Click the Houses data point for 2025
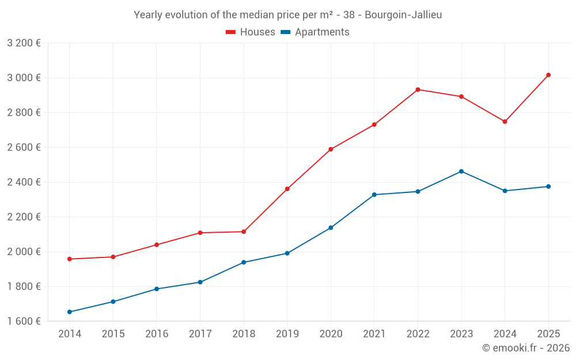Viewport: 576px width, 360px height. [x=548, y=75]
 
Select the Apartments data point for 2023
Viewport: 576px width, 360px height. [x=461, y=171]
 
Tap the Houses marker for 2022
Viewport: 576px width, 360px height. [x=418, y=89]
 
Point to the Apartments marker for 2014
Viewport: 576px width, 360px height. [x=70, y=312]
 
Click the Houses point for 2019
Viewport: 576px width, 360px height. [x=287, y=189]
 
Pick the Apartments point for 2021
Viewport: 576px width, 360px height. [x=374, y=195]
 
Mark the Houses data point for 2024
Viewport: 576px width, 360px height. [x=505, y=122]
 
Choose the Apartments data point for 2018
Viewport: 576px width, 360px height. [x=244, y=262]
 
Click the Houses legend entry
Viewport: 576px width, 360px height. [x=251, y=32]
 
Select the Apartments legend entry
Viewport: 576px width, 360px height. [x=315, y=32]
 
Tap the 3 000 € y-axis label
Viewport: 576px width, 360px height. [x=24, y=78]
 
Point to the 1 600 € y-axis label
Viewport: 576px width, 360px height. [x=24, y=321]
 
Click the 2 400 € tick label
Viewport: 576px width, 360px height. [x=24, y=182]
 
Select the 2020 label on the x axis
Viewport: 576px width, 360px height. [x=331, y=334]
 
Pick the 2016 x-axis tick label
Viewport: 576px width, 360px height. [x=157, y=334]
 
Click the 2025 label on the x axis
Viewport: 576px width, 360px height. [x=548, y=334]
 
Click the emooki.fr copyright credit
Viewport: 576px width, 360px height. [x=526, y=348]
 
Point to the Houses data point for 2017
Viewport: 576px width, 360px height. [x=200, y=233]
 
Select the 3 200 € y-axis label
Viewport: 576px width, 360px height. [x=24, y=43]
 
